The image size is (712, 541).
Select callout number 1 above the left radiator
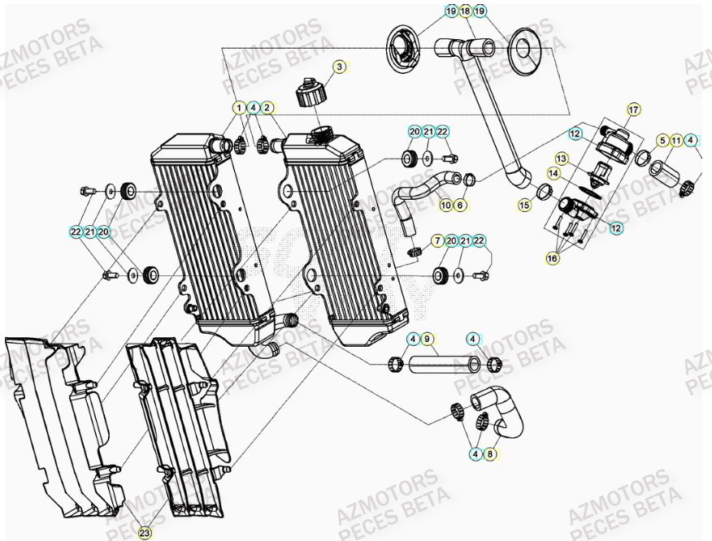coord(239,107)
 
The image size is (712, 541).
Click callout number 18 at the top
coord(465,11)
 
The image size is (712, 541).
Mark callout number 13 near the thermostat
coord(561,158)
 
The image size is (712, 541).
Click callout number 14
coord(554,173)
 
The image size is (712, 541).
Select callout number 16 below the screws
coord(553,258)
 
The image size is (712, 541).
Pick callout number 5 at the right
coord(662,141)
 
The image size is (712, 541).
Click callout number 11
coord(676,141)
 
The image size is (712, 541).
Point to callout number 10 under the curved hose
coord(445,206)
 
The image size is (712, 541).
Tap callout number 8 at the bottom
coord(490,454)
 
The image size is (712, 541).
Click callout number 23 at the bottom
coord(144,533)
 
